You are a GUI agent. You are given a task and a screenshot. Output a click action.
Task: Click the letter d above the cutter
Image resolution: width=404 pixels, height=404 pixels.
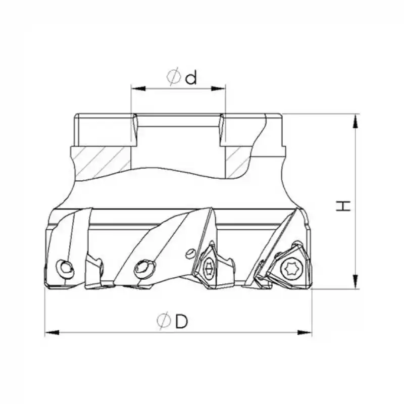point(190,78)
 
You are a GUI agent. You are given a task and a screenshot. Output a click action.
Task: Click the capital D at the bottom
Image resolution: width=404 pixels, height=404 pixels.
point(181,321)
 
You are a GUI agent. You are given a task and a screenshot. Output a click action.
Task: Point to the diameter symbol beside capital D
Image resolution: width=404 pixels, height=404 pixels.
point(163,321)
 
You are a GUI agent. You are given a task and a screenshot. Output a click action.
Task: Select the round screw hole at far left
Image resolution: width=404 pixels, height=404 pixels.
point(65,268)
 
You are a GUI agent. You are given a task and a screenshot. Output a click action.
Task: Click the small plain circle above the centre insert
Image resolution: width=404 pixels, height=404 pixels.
point(191,251)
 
